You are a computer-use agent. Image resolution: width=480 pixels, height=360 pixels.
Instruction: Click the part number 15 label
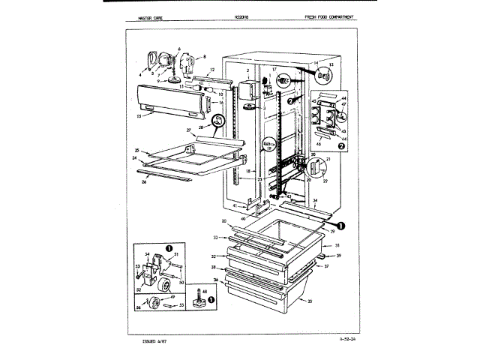click(x=140, y=116)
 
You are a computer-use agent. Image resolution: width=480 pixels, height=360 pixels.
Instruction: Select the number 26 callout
click(x=142, y=181)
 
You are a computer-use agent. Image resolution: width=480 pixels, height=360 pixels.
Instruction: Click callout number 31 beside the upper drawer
click(x=337, y=246)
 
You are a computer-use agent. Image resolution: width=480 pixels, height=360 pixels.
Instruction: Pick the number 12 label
click(x=212, y=70)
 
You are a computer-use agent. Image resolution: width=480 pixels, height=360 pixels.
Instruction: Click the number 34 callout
click(x=314, y=200)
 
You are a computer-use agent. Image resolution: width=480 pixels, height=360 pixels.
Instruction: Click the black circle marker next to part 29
click(x=340, y=224)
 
